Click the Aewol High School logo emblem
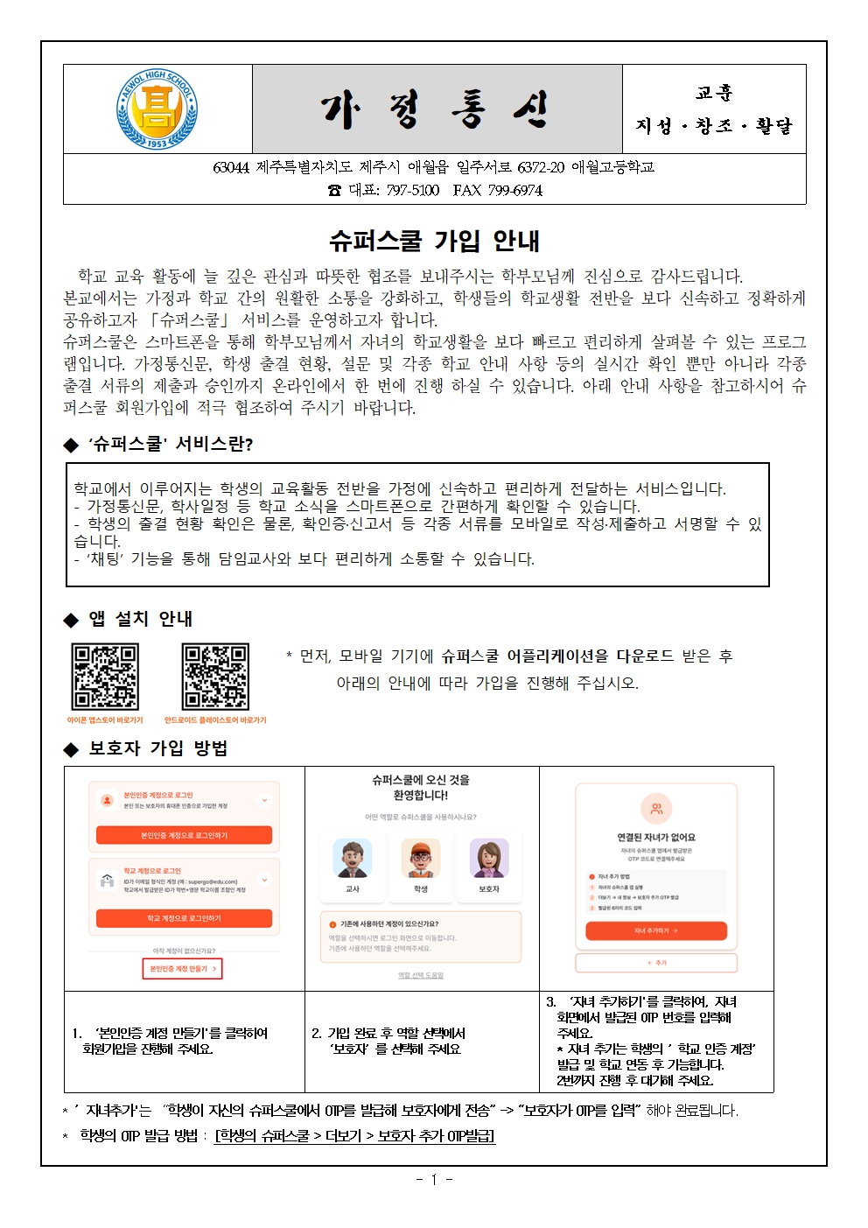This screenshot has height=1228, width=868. pos(157,109)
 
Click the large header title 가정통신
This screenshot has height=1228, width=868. pos(437,110)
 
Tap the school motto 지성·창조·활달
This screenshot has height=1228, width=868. pos(714,126)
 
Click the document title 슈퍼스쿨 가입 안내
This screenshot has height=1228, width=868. pos(434,241)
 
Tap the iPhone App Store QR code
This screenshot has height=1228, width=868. pos(105,677)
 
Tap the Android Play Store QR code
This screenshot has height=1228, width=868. pos(215,677)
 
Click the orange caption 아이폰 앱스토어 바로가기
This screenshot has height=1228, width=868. pos(105,720)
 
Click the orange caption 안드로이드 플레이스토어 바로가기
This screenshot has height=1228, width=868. pos(215,720)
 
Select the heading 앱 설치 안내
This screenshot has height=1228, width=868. pos(140,619)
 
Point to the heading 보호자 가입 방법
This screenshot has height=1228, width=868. pos(157,748)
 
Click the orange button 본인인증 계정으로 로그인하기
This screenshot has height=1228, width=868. pos(184,836)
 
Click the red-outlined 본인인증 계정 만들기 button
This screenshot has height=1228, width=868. pos(182,969)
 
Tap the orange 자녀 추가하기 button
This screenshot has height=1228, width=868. pos(656,930)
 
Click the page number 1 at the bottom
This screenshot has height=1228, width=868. pos(434,1180)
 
